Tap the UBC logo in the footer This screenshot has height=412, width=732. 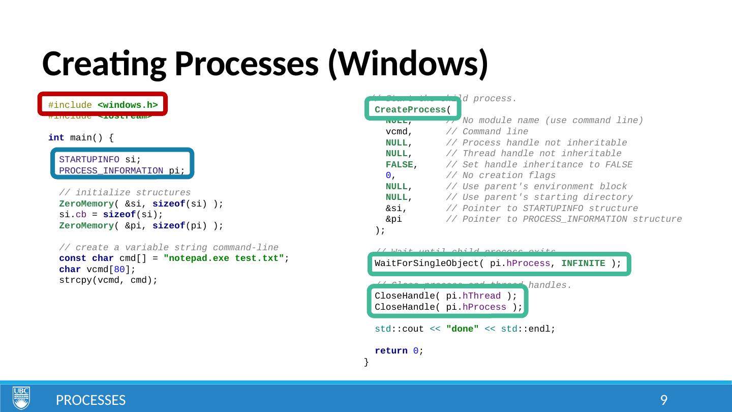(21, 398)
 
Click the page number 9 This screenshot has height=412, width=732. (663, 400)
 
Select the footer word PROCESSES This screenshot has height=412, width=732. (90, 400)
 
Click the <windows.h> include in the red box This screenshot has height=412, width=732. (127, 105)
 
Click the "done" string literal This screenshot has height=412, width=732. (462, 329)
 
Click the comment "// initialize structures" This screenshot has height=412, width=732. (125, 193)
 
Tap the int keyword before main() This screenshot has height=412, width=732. (56, 138)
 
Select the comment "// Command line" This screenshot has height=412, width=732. (486, 132)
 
